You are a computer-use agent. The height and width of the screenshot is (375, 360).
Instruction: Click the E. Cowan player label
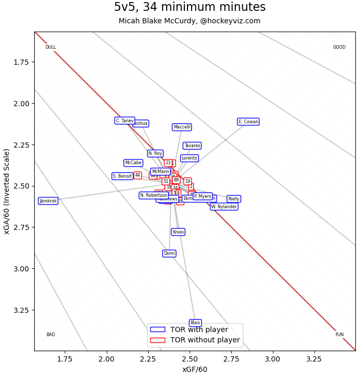pyautogui.click(x=248, y=122)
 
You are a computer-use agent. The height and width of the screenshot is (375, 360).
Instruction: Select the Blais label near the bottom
pyautogui.click(x=195, y=323)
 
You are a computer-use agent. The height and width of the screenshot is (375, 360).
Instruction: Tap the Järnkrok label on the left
pyautogui.click(x=48, y=201)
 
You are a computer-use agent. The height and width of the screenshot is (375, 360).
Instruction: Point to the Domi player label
pyautogui.click(x=169, y=253)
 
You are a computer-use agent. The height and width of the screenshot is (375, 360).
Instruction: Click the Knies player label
pyautogui.click(x=178, y=232)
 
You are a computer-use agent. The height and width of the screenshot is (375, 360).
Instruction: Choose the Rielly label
pyautogui.click(x=234, y=199)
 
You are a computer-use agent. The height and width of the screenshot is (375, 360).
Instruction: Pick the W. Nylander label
pyautogui.click(x=224, y=207)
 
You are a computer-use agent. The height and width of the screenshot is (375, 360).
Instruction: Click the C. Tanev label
pyautogui.click(x=125, y=121)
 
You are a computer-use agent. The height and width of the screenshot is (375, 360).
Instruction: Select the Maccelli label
pyautogui.click(x=182, y=127)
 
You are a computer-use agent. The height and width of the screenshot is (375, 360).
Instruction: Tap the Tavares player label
pyautogui.click(x=192, y=146)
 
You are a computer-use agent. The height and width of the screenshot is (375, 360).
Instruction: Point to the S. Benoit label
pyautogui.click(x=122, y=176)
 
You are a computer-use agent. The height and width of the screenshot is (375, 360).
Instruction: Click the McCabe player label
pyautogui.click(x=133, y=163)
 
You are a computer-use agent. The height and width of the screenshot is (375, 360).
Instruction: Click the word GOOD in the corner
pyautogui.click(x=339, y=47)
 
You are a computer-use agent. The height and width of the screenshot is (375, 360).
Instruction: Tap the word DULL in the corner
pyautogui.click(x=51, y=47)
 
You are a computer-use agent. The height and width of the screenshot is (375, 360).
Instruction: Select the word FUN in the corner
pyautogui.click(x=339, y=335)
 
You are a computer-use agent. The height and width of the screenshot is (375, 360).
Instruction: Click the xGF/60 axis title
pyautogui.click(x=195, y=369)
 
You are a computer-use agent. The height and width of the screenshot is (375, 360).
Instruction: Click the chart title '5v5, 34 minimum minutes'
pyautogui.click(x=190, y=7)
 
